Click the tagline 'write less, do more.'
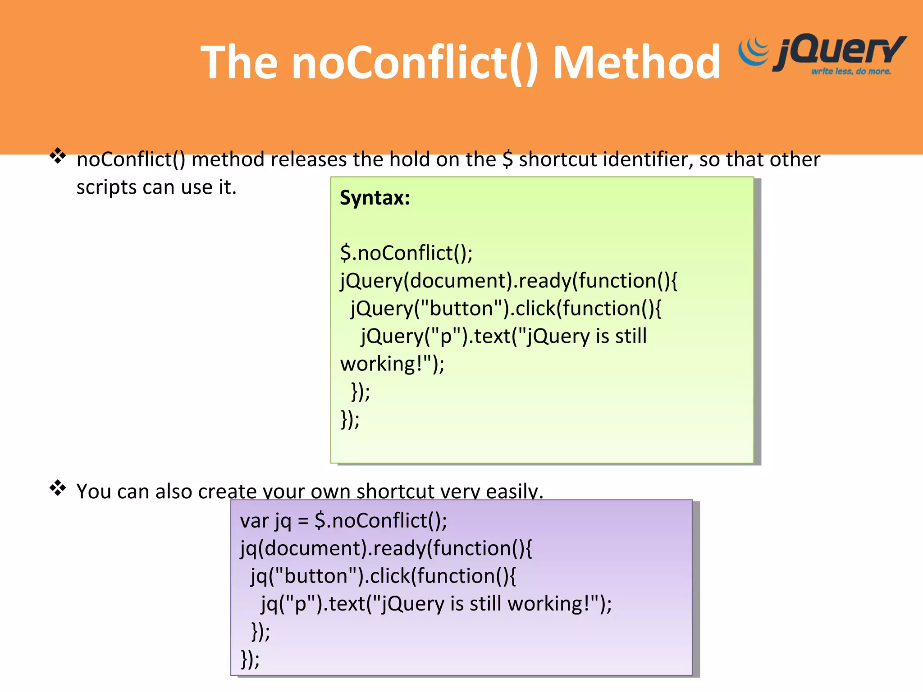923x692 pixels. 851,71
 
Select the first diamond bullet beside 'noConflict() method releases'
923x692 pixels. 58,156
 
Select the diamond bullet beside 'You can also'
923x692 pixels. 58,488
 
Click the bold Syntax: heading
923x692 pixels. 375,198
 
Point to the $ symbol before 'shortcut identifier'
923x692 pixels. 507,159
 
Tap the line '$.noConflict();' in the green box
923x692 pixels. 406,253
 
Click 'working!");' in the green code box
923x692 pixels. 392,364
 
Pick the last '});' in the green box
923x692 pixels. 350,419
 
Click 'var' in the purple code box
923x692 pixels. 254,521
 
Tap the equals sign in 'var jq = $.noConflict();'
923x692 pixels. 303,521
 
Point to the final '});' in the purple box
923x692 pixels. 250,659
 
